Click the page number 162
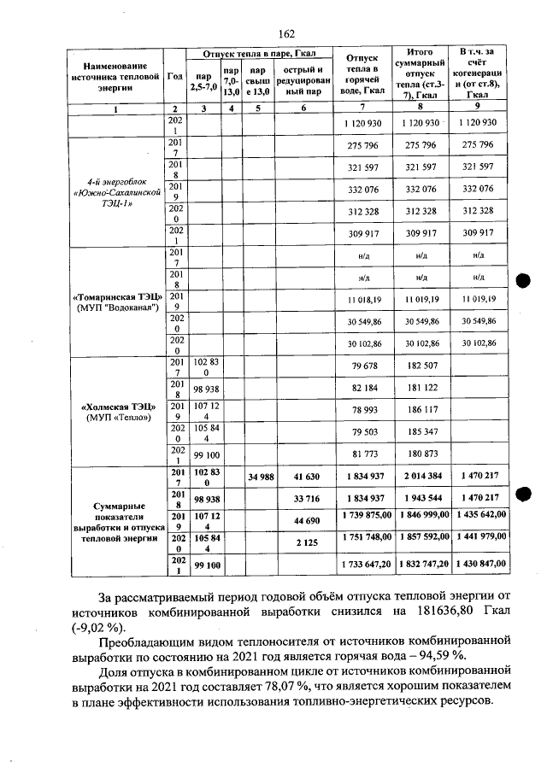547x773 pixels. (x=285, y=34)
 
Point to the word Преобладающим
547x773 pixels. (x=150, y=639)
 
